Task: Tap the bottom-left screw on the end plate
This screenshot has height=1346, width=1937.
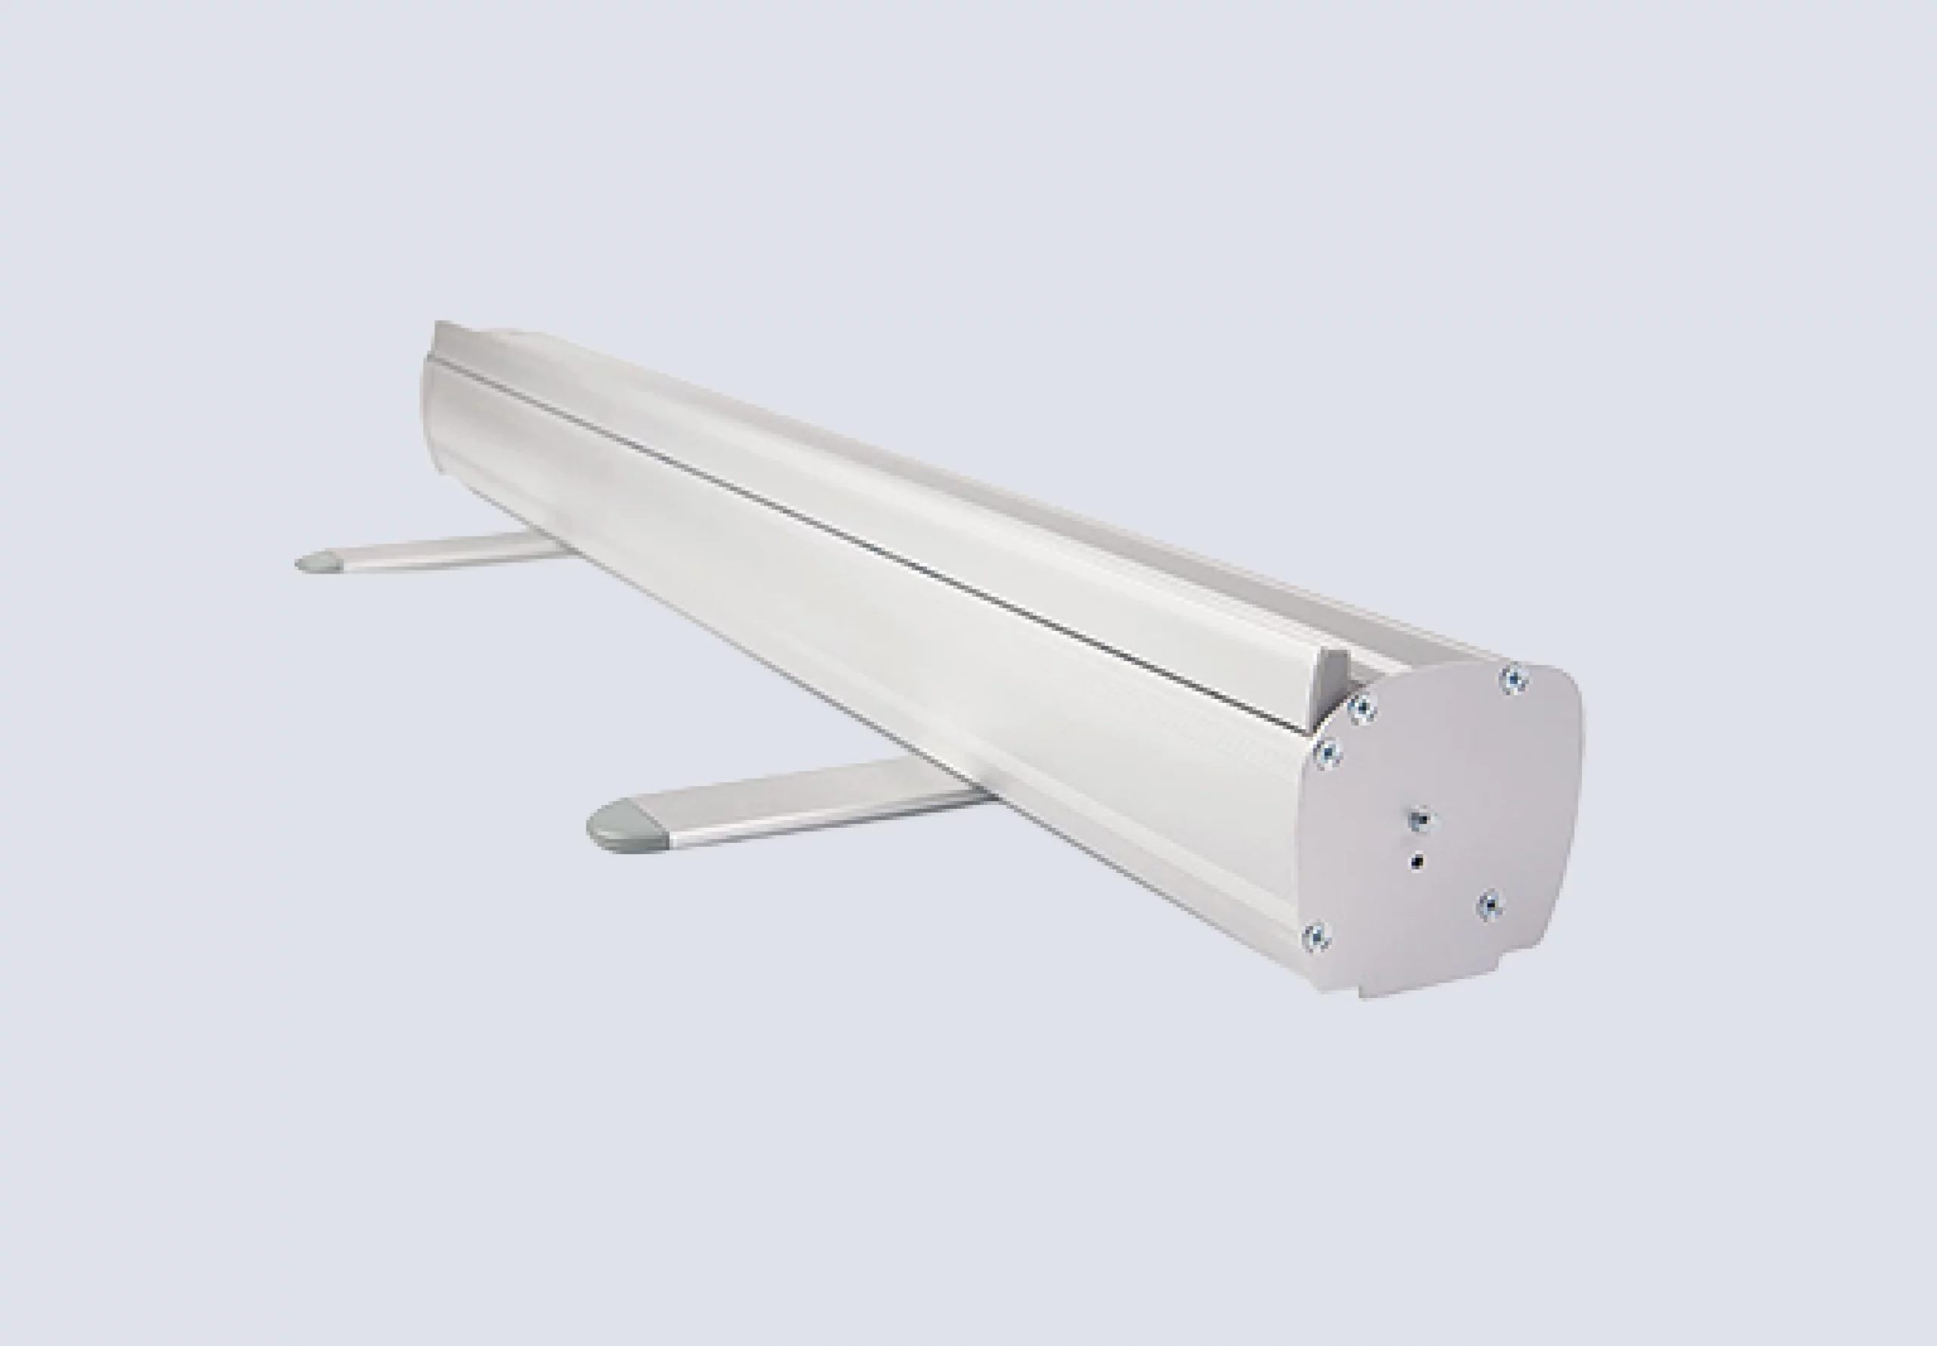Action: click(x=1316, y=937)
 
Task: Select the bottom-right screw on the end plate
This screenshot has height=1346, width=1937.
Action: click(x=1491, y=904)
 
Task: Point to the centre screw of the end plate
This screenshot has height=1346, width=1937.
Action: click(x=1421, y=819)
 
